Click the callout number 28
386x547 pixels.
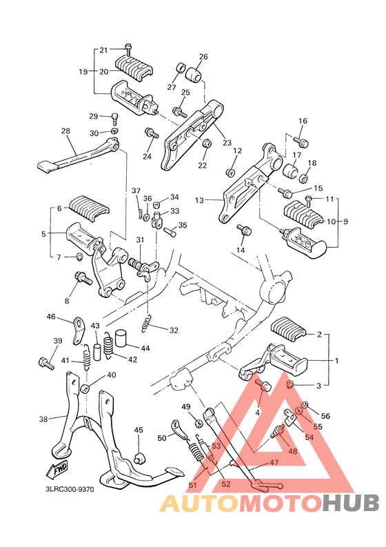[65, 131]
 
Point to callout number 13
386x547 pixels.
[200, 201]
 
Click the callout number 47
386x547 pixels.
[274, 462]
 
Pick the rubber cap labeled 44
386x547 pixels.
[123, 338]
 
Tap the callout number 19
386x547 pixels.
[83, 71]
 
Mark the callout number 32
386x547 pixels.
[174, 330]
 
